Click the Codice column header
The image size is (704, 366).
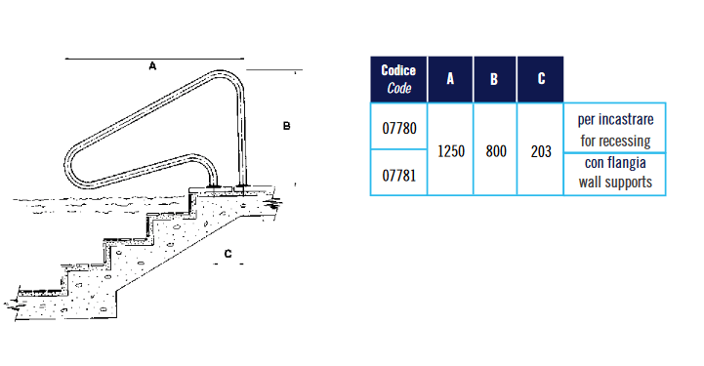(x=398, y=79)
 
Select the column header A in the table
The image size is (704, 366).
(x=450, y=79)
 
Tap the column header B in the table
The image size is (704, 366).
(x=494, y=79)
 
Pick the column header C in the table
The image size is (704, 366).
(x=541, y=79)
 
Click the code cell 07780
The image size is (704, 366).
(x=399, y=128)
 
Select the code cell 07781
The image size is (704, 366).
(x=399, y=176)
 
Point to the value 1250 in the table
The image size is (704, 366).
(x=451, y=151)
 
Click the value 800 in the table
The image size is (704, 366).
(x=496, y=151)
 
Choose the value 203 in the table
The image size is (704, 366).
(x=541, y=151)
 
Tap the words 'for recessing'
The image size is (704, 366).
(x=615, y=141)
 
